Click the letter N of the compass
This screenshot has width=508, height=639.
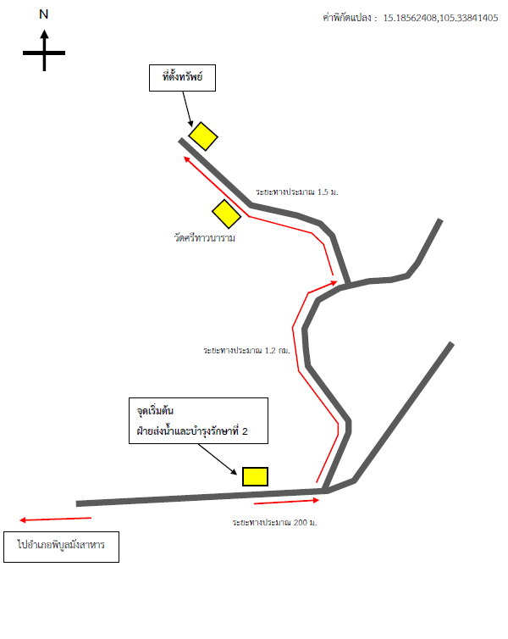point(43,14)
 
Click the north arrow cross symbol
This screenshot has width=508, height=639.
point(44,52)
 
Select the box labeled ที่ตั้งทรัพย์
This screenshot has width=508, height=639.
point(182,78)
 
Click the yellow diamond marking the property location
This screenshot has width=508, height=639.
point(203,136)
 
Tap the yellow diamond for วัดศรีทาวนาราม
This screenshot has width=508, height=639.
point(226,214)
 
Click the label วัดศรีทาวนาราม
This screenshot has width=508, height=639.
point(204,237)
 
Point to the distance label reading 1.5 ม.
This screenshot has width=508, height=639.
point(296,192)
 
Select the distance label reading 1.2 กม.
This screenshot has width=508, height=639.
point(246,351)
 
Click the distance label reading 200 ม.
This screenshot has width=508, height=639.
point(274,522)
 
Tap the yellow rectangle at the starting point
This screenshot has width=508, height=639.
point(255,477)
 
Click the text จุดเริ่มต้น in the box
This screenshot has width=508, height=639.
point(155,410)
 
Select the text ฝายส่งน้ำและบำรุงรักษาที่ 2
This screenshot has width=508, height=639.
point(192,431)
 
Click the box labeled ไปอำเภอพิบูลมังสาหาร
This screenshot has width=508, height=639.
point(62,547)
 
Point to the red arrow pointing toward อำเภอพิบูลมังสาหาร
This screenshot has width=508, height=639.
point(55,520)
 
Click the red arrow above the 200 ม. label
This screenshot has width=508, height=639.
point(286,502)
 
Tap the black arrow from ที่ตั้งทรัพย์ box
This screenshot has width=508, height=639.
point(188,109)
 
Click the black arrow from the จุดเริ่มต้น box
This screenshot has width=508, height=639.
point(218,459)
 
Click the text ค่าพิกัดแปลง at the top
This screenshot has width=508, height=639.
point(347,18)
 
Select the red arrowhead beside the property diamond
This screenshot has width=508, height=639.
point(188,159)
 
